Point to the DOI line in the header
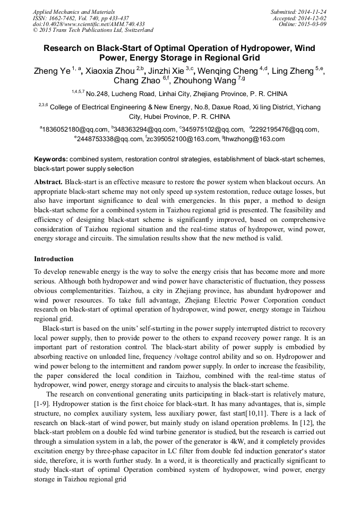[88, 24]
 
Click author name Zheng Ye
[52, 71]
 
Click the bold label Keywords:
[51, 159]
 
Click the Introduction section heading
[54, 259]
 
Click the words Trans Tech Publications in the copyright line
[74, 31]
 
